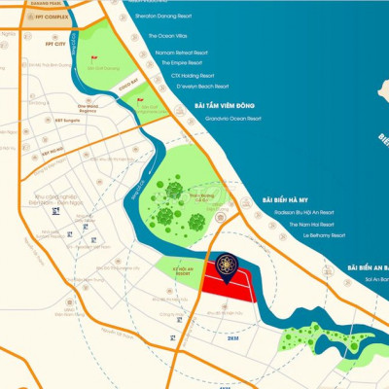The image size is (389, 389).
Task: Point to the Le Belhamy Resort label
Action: click(x=324, y=235)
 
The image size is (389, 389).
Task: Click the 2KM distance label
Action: click(x=232, y=339)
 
